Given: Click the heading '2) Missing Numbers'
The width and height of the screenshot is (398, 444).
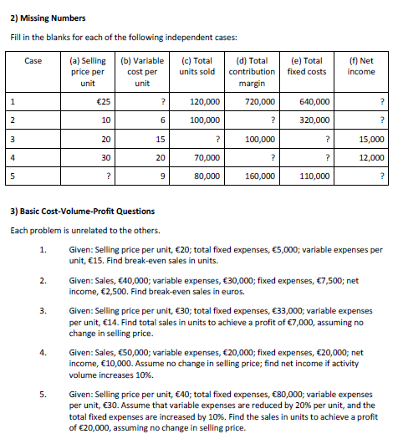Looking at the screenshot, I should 49,18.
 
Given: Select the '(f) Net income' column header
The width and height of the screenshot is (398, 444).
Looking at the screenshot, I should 360,66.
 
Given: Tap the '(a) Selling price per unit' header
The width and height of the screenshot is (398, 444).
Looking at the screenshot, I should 87,72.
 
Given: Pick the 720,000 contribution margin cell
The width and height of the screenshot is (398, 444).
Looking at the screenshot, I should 258,101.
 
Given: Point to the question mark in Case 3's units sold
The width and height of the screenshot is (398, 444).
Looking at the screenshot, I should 217,139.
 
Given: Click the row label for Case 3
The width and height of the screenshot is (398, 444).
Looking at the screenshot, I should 14,139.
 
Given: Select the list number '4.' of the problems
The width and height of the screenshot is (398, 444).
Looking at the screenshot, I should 42,353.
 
